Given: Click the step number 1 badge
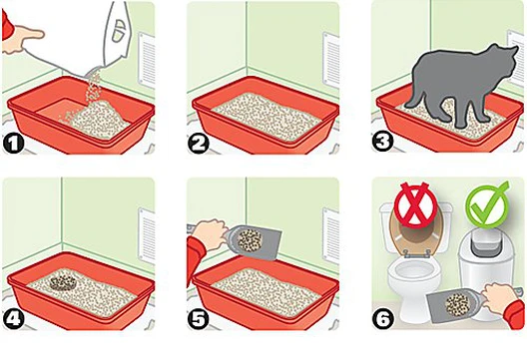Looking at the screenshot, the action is point(13,144).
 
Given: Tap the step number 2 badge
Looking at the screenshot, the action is point(199,144).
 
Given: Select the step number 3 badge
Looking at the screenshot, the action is point(382,142).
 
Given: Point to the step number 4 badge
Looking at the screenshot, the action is point(13,319).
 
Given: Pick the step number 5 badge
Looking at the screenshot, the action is point(199,319).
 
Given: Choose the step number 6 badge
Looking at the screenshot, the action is point(383,318).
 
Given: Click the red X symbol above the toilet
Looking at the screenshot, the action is point(416,205).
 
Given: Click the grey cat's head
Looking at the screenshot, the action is point(502,61).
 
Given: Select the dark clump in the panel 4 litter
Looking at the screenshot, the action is point(63,283).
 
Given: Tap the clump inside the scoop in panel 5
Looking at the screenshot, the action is point(250,239).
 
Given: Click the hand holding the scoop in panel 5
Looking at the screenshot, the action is point(210,234).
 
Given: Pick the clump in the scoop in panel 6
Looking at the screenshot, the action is point(457,304).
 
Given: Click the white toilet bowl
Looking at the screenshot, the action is point(414,279).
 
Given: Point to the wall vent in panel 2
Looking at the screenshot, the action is point(331,59).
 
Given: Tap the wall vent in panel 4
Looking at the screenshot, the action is point(147,235).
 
